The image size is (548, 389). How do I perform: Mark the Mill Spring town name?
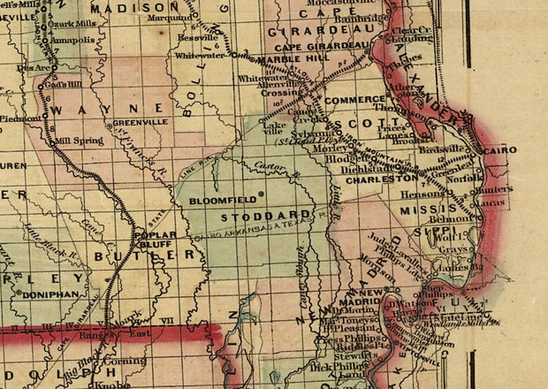coord(73,140)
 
